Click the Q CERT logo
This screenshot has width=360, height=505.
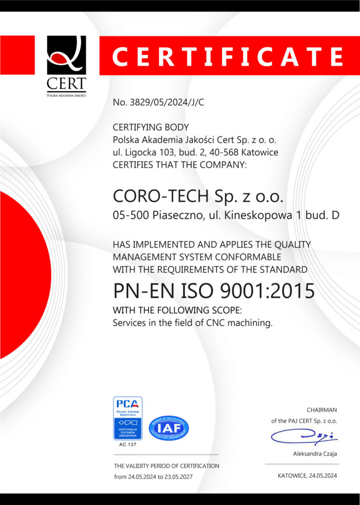point(66,64)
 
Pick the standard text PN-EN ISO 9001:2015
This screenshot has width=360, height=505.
point(214,291)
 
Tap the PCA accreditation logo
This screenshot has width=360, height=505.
point(128,418)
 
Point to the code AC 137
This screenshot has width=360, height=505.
point(128,444)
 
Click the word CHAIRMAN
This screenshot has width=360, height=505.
point(322,410)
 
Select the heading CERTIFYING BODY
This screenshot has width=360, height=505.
point(151,127)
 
